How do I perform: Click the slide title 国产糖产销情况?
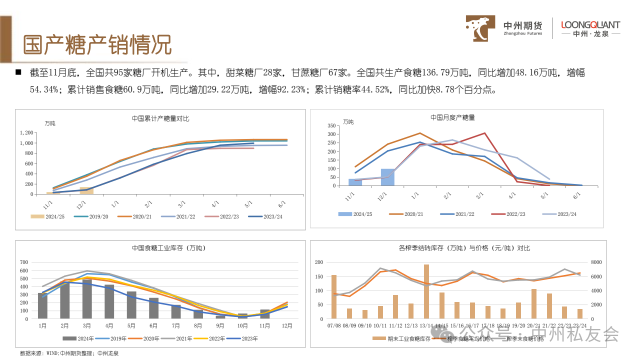coord(98,44)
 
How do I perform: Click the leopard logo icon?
coord(481,28)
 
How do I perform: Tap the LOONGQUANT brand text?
coord(590,24)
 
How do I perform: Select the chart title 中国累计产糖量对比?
coord(160,119)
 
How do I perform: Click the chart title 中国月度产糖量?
coord(453,117)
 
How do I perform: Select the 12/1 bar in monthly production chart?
coord(387,177)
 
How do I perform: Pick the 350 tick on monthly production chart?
coord(331,125)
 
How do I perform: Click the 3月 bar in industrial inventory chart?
coord(87,298)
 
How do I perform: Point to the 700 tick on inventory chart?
coord(23,262)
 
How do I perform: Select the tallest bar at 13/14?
coord(426,291)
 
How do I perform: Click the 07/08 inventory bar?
coord(334,296)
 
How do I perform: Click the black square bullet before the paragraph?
coord(18,73)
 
